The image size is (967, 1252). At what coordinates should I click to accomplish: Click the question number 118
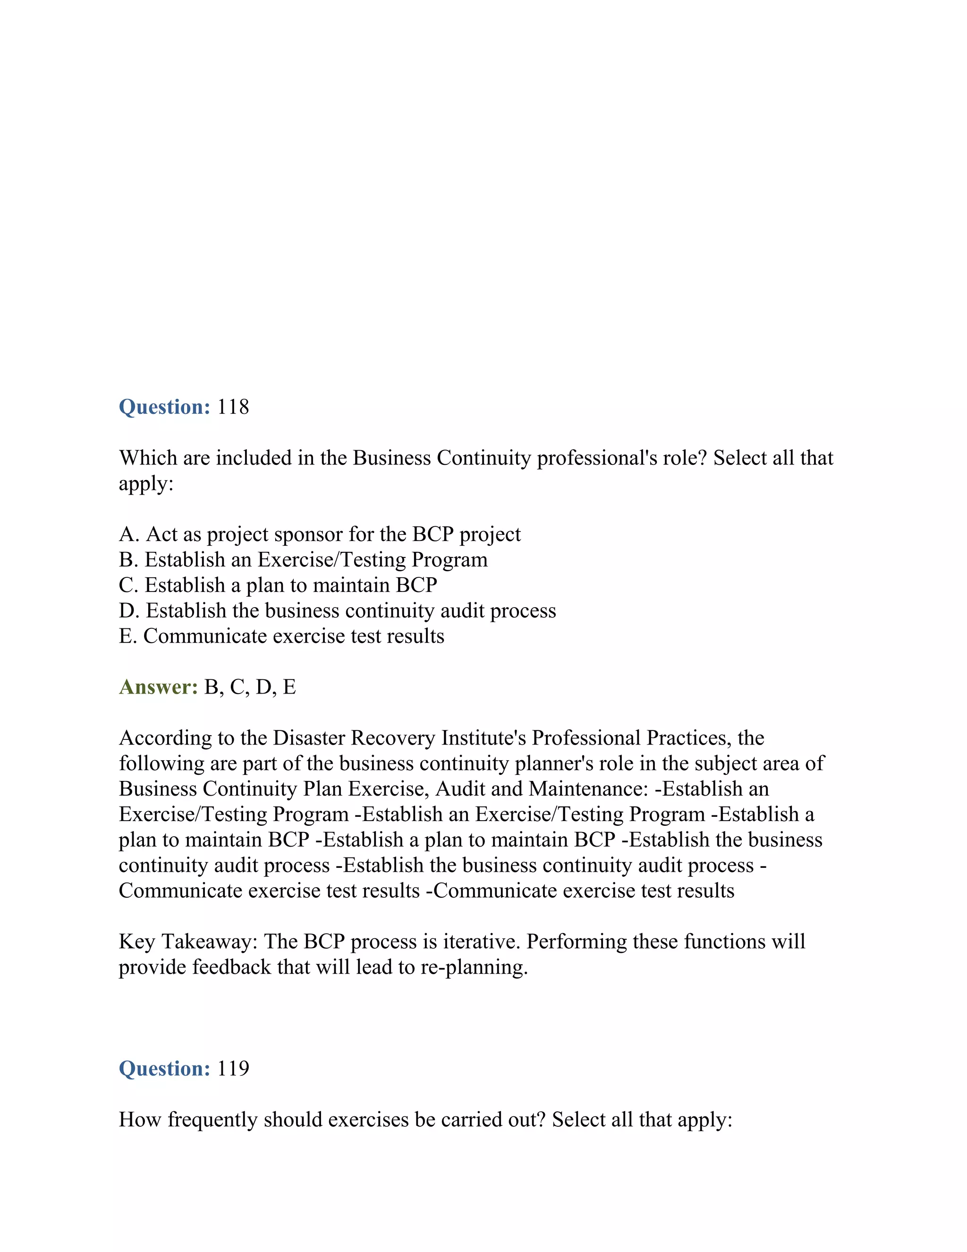[233, 407]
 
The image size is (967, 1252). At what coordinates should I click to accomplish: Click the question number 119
[233, 1069]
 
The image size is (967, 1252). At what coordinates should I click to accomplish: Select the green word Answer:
[158, 687]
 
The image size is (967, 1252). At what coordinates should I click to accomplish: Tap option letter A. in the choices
[129, 534]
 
